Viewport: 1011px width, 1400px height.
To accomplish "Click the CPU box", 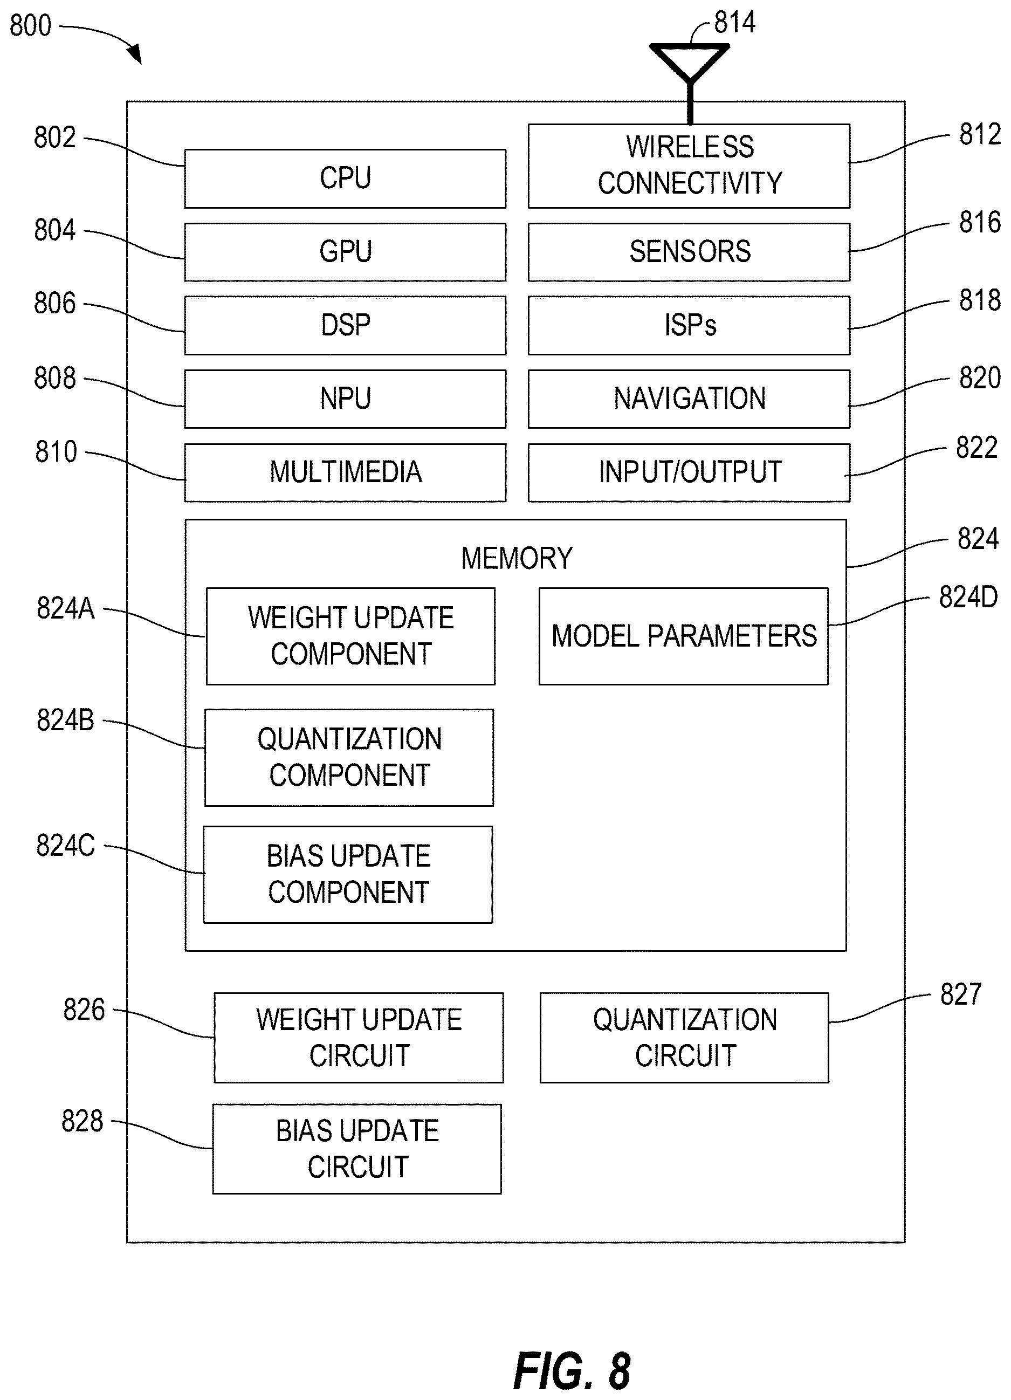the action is (345, 179).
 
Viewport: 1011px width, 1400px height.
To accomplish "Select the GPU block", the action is (345, 252).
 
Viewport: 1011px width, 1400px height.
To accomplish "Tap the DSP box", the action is (345, 325).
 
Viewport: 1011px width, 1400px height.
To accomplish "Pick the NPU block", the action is (345, 399).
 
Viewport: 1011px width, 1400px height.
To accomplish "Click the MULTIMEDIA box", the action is (345, 472).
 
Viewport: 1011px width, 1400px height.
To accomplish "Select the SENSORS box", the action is (689, 252).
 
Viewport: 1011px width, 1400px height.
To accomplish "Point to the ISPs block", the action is (689, 325).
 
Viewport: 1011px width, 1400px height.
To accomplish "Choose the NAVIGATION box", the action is (689, 399).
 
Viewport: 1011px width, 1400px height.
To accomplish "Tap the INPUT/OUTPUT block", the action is (689, 472).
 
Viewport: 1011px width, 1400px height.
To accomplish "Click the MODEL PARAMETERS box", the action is (683, 636).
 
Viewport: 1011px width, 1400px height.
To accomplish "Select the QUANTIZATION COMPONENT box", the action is (349, 757).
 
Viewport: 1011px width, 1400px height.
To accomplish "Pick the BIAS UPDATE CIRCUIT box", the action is (357, 1149).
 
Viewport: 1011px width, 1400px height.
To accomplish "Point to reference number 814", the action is (734, 23).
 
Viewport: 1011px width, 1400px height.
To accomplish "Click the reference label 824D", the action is (968, 597).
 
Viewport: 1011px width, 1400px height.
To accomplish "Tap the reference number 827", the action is (960, 994).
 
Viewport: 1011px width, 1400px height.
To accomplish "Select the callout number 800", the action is (30, 26).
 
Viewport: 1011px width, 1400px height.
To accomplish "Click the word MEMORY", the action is (517, 558).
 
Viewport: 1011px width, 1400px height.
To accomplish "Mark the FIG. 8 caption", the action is (572, 1371).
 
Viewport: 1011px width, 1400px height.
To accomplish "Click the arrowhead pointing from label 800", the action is (135, 54).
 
